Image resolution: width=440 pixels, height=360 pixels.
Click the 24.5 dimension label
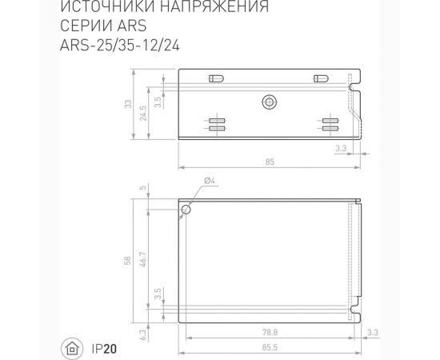tap(145, 113)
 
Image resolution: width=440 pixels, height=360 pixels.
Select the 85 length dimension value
tap(269, 162)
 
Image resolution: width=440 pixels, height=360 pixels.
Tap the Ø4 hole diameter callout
tap(209, 182)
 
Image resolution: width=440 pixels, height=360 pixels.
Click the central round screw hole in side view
tap(269, 102)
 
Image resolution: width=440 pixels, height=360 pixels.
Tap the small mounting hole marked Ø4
tap(186, 210)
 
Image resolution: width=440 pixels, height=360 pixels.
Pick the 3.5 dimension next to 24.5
tap(158, 102)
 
